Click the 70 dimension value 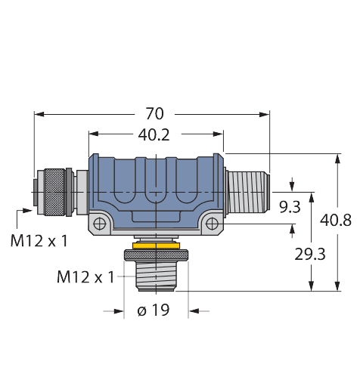click(x=155, y=114)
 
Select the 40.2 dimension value click(x=154, y=134)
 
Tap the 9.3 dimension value click(x=290, y=207)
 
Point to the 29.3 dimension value click(x=310, y=254)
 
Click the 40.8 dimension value click(x=336, y=220)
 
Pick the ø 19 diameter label click(x=154, y=310)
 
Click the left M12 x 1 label click(x=39, y=240)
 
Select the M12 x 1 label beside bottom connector click(x=85, y=277)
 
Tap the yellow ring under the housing click(x=157, y=245)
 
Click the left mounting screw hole click(x=100, y=224)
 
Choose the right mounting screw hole click(x=212, y=224)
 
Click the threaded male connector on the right click(x=248, y=192)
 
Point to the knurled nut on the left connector click(x=54, y=193)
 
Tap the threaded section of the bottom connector click(x=156, y=276)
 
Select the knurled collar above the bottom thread click(x=157, y=255)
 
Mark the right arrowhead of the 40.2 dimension click(x=218, y=134)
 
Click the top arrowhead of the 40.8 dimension click(x=337, y=159)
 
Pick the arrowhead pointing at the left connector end click(x=28, y=210)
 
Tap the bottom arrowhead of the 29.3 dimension click(x=312, y=286)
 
